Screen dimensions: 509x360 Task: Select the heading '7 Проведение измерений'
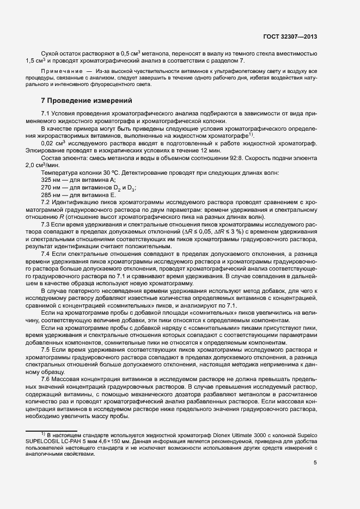[x=79, y=101]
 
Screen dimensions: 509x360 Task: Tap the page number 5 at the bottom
[x=315, y=463]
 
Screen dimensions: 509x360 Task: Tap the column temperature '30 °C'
[x=97, y=172]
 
